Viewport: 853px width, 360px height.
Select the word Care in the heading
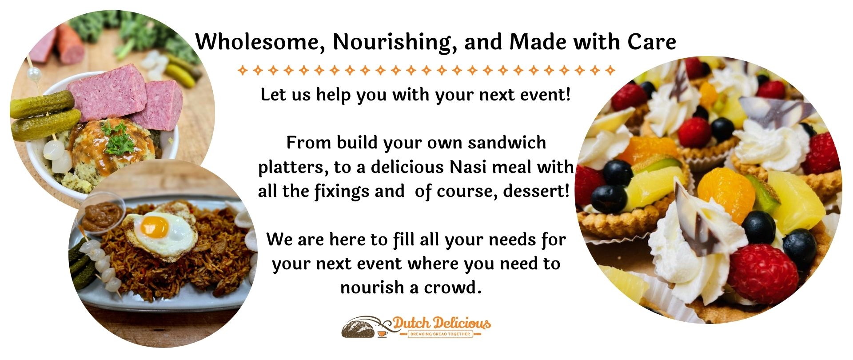click(x=652, y=42)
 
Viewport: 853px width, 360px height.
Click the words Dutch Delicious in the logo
click(x=442, y=324)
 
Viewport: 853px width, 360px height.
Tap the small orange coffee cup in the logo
click(x=382, y=333)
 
